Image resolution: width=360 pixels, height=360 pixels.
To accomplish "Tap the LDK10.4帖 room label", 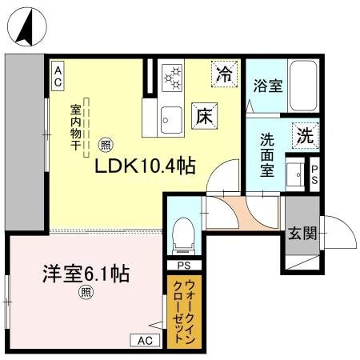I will pyautogui.click(x=146, y=166).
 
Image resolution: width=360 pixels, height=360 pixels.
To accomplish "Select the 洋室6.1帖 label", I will pyautogui.click(x=86, y=273).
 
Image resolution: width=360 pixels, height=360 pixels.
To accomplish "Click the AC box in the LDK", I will pyautogui.click(x=58, y=76).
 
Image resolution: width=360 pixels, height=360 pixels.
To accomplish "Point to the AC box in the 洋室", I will pyautogui.click(x=144, y=340).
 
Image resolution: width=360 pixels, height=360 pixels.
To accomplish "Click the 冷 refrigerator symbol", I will pyautogui.click(x=226, y=74).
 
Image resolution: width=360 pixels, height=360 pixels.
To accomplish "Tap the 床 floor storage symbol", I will pyautogui.click(x=202, y=114).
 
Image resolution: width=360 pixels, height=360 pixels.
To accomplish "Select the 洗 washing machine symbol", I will pyautogui.click(x=305, y=135).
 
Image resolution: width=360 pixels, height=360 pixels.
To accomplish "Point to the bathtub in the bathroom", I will pyautogui.click(x=302, y=86).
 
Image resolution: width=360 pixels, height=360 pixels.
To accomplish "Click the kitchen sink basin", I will pyautogui.click(x=170, y=118).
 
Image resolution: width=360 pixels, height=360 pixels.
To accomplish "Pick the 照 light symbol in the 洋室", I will pyautogui.click(x=86, y=293).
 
